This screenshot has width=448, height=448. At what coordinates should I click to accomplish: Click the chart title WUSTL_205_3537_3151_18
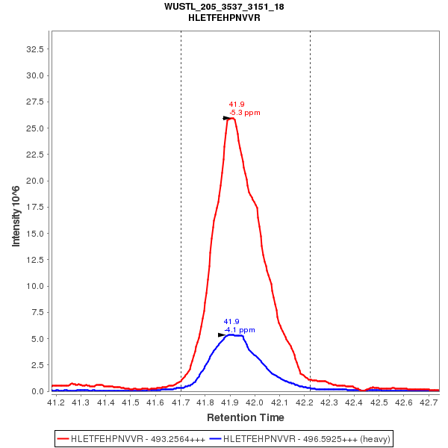[x=224, y=7]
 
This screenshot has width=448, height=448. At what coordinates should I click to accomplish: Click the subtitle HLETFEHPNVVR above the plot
[x=224, y=17]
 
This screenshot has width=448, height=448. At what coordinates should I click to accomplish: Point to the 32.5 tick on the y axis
[x=35, y=49]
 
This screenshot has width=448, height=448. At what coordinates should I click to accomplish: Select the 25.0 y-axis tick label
[x=35, y=128]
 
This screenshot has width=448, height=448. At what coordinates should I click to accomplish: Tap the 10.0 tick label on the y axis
[x=35, y=286]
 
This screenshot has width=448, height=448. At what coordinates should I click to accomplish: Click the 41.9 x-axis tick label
[x=230, y=403]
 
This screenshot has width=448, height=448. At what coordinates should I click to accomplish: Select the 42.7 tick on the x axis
[x=429, y=403]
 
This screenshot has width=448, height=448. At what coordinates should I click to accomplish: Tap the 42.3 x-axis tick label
[x=329, y=403]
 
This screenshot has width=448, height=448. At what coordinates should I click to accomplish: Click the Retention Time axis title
[x=245, y=417]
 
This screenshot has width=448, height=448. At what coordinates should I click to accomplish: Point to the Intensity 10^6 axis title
[x=16, y=217]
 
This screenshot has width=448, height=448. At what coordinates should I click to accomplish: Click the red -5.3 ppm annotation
[x=244, y=113]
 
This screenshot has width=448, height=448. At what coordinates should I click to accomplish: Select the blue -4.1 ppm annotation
[x=239, y=329]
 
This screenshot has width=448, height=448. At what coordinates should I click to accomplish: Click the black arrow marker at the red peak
[x=227, y=118]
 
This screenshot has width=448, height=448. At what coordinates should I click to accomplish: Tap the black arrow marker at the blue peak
[x=222, y=335]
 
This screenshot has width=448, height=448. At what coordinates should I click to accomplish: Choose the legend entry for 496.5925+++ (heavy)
[x=299, y=438]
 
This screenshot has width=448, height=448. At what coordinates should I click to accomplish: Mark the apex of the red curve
[x=232, y=118]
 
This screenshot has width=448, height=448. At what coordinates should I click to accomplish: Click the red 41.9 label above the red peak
[x=237, y=105]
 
